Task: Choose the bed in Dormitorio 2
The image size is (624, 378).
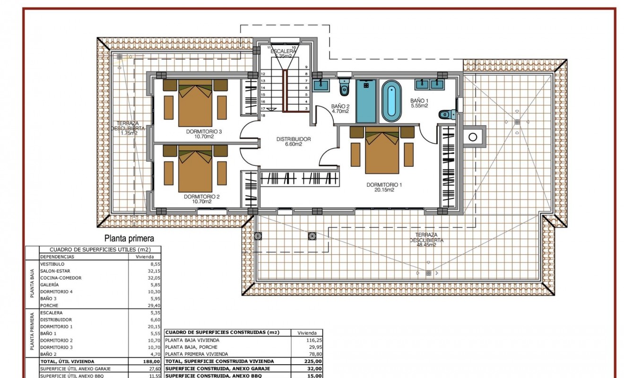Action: point(194,167)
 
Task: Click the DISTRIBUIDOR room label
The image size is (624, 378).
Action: point(293,139)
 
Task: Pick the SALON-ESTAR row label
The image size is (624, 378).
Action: point(55,271)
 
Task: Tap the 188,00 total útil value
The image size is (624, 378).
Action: point(152,361)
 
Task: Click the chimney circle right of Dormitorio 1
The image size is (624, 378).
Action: point(472,137)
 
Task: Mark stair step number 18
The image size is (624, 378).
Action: point(263,115)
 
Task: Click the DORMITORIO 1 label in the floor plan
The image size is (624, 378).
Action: point(384,185)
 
